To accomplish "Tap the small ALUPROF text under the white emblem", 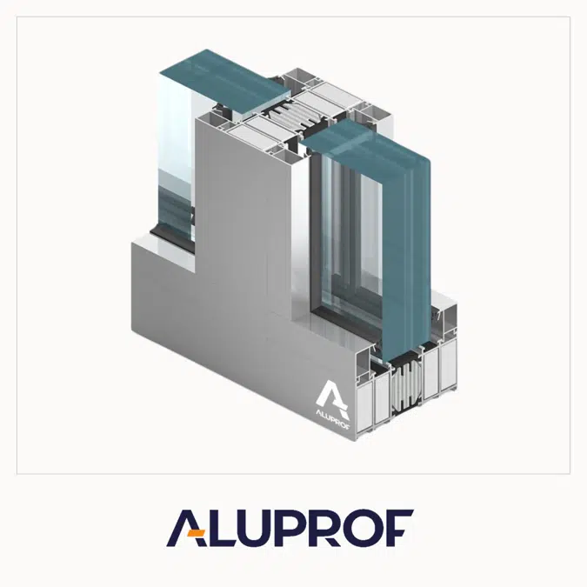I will [x=330, y=412].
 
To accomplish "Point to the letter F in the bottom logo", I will [x=399, y=528].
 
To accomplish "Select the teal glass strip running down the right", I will [x=404, y=243].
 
